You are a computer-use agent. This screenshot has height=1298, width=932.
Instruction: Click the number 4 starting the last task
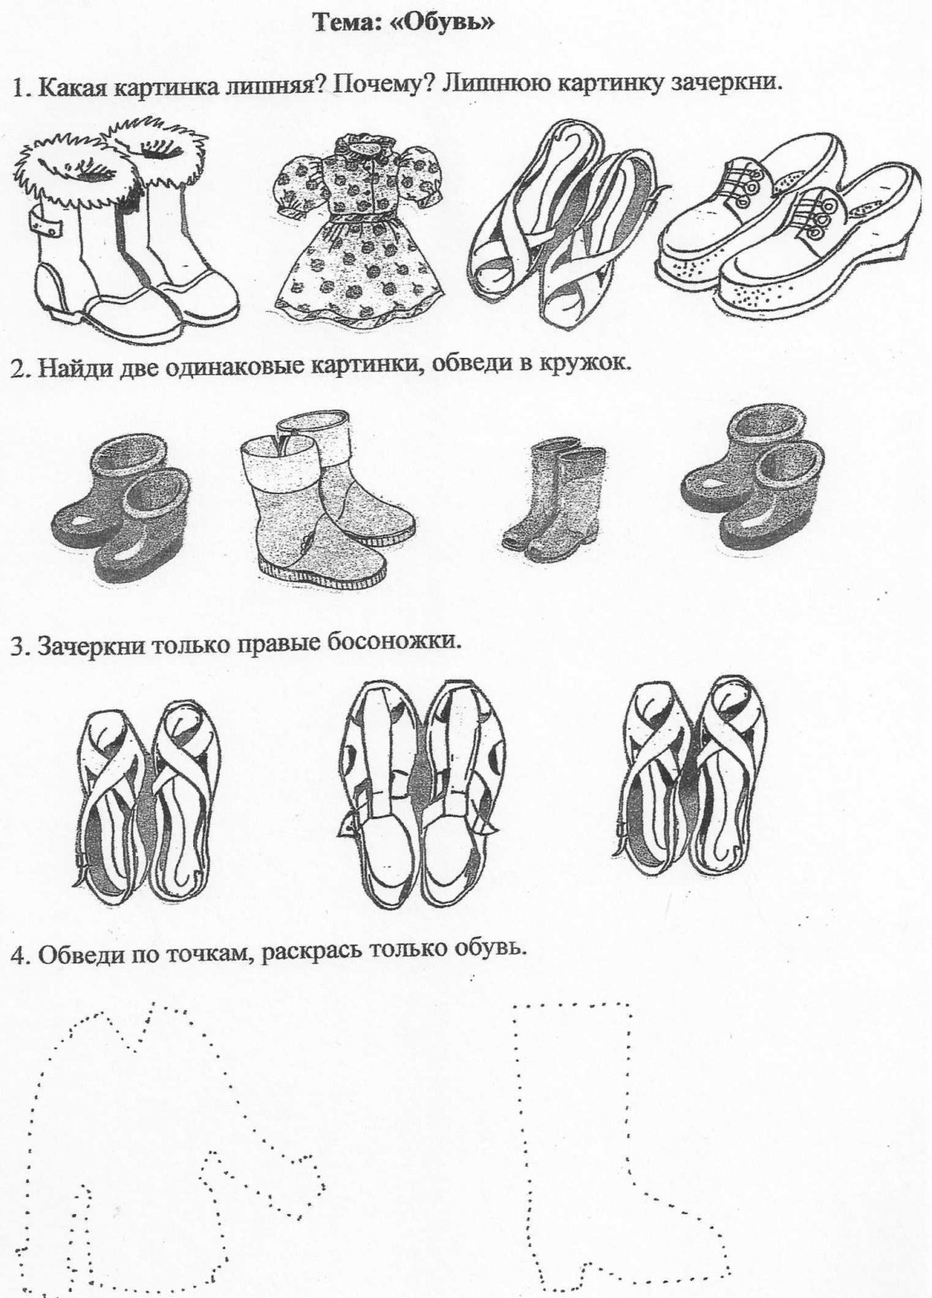pos(17,955)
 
